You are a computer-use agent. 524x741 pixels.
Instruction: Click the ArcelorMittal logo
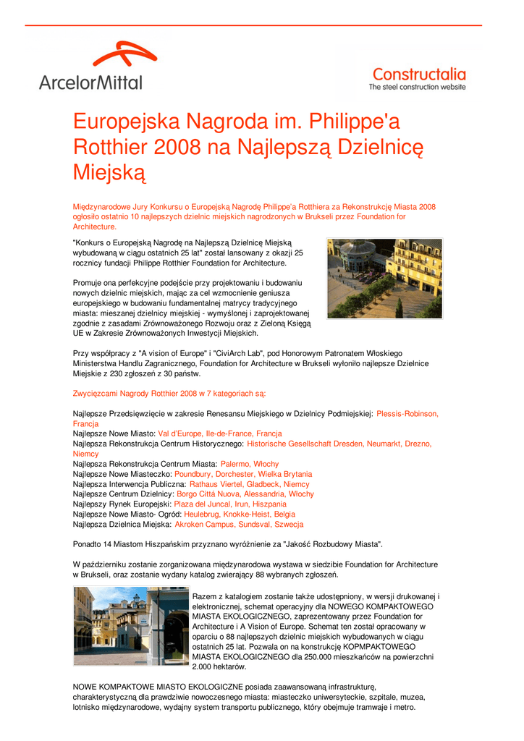[91, 67]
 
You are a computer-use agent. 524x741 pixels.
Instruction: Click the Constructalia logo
[418, 74]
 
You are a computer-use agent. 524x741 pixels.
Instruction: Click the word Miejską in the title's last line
[110, 173]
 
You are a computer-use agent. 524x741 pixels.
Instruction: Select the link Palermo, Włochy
[250, 463]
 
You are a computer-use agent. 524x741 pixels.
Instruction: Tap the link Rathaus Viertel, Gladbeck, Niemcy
[249, 484]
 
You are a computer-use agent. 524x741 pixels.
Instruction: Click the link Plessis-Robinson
[407, 414]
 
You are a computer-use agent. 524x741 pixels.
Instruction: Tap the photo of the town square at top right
[384, 279]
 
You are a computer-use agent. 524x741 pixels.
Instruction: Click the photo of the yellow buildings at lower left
[131, 625]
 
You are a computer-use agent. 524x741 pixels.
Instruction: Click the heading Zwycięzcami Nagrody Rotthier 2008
[169, 394]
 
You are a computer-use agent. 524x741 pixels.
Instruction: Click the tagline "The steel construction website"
[418, 87]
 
